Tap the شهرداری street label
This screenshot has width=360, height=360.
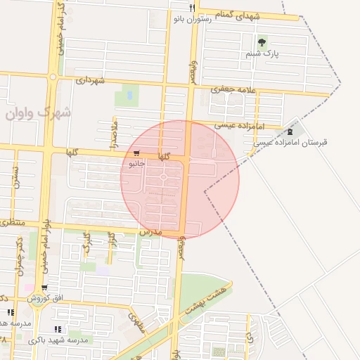pos(90,81)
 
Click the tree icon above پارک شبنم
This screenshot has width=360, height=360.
pos(262,42)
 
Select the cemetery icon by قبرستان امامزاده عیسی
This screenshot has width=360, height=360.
pos(290,131)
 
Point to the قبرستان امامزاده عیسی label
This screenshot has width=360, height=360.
pos(287,143)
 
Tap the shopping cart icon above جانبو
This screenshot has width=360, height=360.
pos(136,153)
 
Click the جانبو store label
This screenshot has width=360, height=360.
pos(136,164)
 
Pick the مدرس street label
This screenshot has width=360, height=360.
pos(150,231)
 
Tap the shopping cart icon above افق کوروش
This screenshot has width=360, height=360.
pos(45,288)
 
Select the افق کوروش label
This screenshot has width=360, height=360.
pos(45,299)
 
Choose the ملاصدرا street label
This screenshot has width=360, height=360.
pos(114,133)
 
